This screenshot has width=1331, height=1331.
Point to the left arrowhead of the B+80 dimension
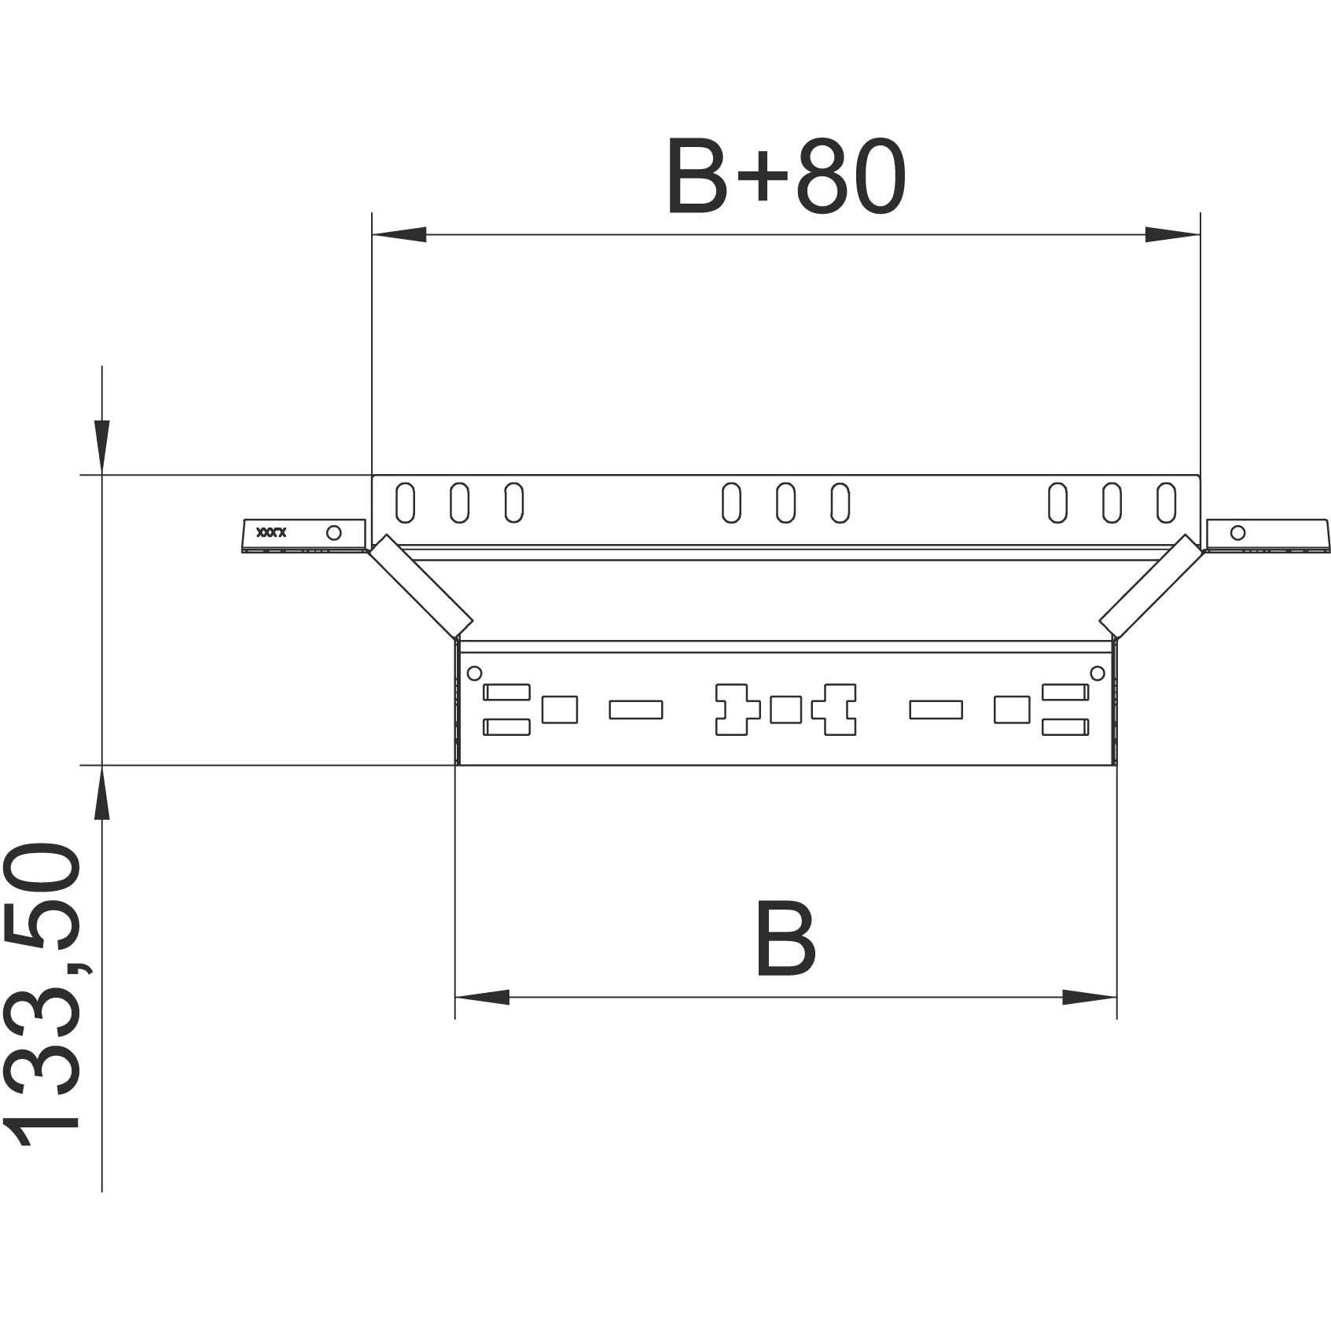pos(399,234)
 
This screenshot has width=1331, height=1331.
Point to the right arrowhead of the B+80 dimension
pos(1171,234)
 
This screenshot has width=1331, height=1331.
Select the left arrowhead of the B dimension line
pos(482,998)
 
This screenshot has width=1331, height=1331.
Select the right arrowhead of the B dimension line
pos(1090,998)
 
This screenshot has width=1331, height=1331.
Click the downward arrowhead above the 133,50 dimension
pos(101,445)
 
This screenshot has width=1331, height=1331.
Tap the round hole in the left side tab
pos(333,533)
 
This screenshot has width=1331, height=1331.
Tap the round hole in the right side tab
pos(1237,532)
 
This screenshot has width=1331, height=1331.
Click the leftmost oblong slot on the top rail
pos(405,502)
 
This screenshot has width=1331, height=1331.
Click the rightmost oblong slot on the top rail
pos(1167,502)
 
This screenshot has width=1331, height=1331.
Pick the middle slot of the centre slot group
pos(785,502)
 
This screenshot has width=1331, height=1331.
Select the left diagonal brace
pos(421,586)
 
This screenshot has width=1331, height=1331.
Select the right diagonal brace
pos(1150,586)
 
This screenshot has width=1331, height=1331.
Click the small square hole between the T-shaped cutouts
pos(785,710)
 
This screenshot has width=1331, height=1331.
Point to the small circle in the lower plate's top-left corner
pos(474,673)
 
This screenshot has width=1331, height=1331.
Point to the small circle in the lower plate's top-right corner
pos(1098,673)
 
